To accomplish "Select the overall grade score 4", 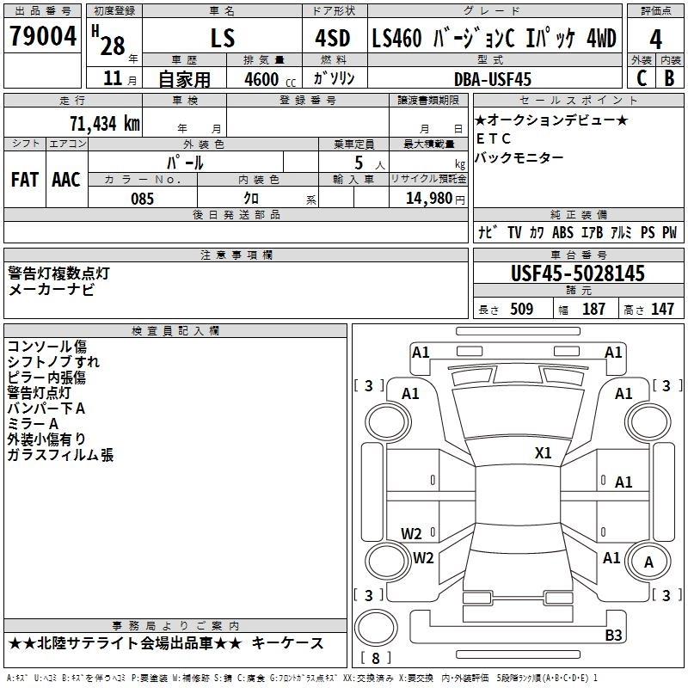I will (x=656, y=39).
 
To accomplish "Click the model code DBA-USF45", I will (x=493, y=78).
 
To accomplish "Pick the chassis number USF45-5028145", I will (x=578, y=274).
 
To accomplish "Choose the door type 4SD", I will (x=326, y=39).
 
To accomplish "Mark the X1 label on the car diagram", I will (x=544, y=453).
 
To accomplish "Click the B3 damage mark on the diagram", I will (x=613, y=636).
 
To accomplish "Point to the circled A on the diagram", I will (x=648, y=562).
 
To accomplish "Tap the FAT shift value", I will (x=25, y=180).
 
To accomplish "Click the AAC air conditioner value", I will (x=66, y=180).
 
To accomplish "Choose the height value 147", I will (x=662, y=310).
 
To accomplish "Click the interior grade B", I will (x=669, y=78).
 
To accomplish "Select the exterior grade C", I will (x=641, y=78).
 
